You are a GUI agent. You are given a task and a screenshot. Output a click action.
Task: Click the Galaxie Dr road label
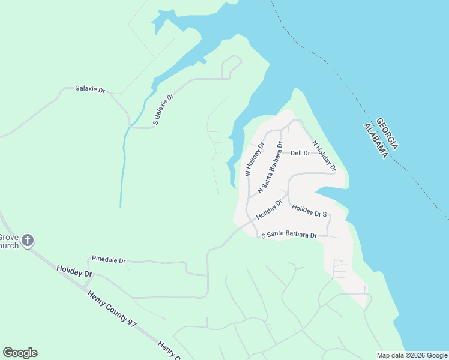click(x=90, y=89)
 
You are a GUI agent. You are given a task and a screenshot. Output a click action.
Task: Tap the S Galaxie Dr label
click(x=163, y=109)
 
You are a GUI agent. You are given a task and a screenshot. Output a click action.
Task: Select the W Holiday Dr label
click(x=255, y=159)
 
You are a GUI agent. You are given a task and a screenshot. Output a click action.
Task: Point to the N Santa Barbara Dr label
click(x=270, y=167)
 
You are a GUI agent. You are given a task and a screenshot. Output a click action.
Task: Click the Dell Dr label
click(x=300, y=153)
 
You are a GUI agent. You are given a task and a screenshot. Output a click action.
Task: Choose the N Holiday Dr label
click(x=324, y=156)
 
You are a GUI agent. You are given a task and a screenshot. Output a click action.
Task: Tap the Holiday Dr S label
click(x=309, y=211)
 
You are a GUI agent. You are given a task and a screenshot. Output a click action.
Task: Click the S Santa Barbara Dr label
click(x=289, y=235)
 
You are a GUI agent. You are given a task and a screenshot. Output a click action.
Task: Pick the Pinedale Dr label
click(x=109, y=260)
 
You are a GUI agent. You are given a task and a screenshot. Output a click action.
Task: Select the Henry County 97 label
click(x=112, y=308)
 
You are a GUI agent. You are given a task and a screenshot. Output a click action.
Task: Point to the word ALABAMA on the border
click(x=375, y=142)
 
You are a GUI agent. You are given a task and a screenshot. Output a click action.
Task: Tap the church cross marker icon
click(x=27, y=241)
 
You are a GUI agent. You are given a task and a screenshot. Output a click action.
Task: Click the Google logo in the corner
click(x=20, y=353)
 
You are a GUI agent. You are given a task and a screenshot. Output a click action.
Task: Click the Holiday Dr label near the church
click(x=74, y=271)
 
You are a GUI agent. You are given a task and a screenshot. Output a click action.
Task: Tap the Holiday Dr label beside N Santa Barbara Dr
click(x=269, y=209)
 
